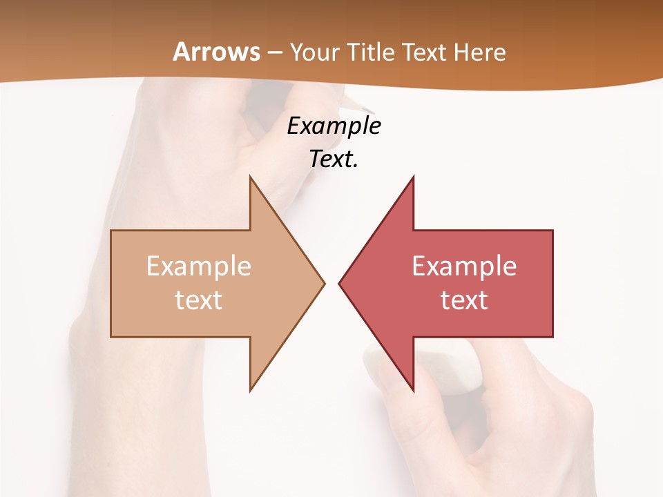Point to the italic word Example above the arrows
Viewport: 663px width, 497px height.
click(x=334, y=126)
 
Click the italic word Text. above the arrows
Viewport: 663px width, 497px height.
click(x=334, y=159)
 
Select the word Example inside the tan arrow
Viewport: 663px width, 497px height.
click(x=198, y=266)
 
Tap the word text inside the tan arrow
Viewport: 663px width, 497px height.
click(x=198, y=300)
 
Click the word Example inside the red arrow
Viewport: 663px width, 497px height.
click(x=464, y=266)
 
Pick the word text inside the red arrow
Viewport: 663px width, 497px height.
click(x=464, y=300)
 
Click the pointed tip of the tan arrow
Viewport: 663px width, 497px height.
click(x=323, y=283)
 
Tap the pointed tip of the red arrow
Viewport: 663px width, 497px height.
click(x=340, y=283)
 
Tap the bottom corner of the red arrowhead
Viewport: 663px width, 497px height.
click(x=413, y=391)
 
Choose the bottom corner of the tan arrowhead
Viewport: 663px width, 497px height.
click(x=250, y=391)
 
